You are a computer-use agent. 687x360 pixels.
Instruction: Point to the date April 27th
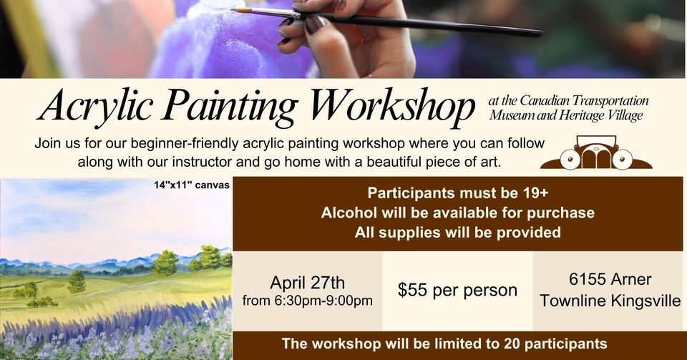click(307, 281)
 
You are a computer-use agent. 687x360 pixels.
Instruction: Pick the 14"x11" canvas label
click(191, 185)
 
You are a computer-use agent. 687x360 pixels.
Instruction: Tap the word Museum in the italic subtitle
click(511, 115)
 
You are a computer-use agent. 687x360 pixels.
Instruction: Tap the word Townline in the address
click(572, 301)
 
